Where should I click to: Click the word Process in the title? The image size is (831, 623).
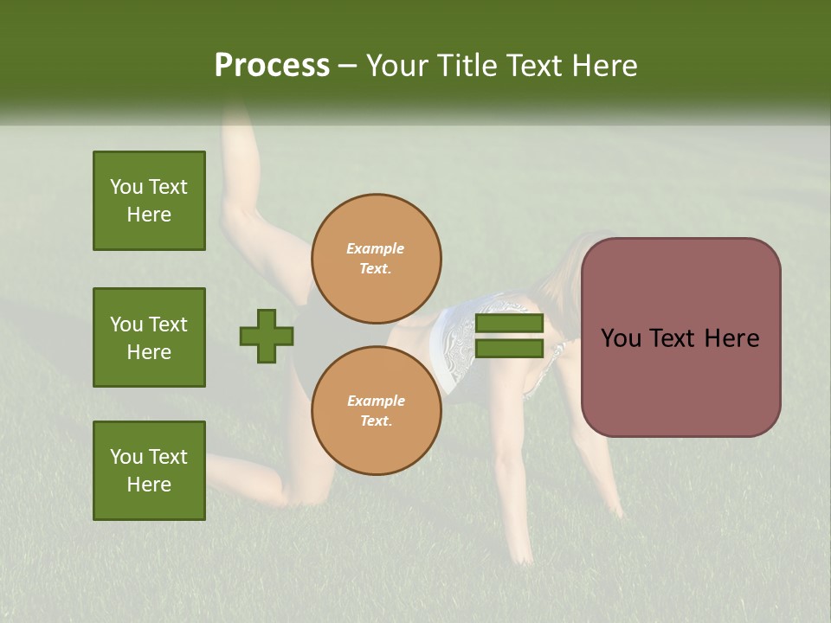click(272, 66)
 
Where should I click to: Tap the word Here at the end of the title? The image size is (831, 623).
click(604, 66)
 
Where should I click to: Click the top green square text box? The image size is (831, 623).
click(149, 201)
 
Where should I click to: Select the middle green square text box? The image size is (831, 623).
click(149, 337)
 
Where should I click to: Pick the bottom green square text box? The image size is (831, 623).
click(149, 471)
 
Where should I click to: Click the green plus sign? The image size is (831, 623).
click(267, 336)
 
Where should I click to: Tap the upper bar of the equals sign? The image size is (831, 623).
click(509, 324)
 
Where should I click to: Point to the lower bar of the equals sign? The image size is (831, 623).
click(509, 349)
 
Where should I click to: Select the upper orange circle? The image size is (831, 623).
click(376, 259)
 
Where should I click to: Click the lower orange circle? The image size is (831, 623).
click(376, 411)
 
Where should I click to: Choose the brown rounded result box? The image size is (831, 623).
click(680, 337)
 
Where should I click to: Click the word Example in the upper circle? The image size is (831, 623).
click(375, 249)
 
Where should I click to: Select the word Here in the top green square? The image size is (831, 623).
click(149, 215)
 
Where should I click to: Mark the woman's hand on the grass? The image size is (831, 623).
click(522, 554)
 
